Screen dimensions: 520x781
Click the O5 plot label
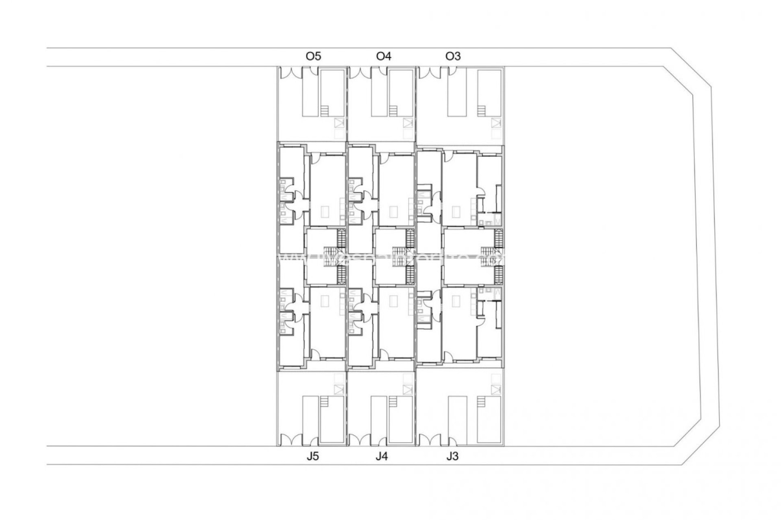tap(313, 56)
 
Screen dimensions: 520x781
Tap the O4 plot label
tap(384, 56)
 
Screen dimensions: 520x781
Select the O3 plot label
tap(453, 56)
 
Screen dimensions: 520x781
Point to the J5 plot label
tap(313, 457)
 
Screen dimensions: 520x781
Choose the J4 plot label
tap(382, 457)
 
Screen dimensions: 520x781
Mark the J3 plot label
tap(452, 457)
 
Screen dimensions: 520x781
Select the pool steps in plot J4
tap(393, 402)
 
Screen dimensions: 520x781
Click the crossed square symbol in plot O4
tap(408, 123)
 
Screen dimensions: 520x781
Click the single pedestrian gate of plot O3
tap(452, 71)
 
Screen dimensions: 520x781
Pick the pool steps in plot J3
tap(481, 402)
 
